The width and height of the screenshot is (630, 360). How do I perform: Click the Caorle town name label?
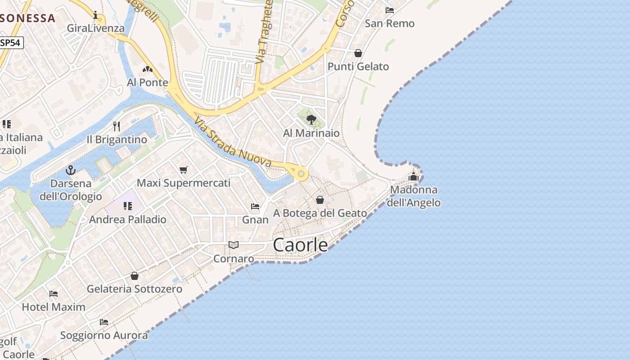[300, 245]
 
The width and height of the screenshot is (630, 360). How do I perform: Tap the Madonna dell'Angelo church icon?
[414, 176]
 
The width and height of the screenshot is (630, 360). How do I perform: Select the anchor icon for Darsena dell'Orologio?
[71, 170]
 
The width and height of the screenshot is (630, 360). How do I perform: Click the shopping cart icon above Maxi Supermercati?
[183, 170]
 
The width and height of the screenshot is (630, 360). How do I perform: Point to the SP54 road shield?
[11, 43]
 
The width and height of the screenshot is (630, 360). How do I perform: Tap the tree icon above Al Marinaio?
[311, 119]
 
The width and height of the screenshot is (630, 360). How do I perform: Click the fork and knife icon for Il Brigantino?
[117, 126]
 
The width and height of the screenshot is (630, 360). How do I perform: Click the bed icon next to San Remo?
[390, 10]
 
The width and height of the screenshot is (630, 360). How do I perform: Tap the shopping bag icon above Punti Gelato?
[358, 53]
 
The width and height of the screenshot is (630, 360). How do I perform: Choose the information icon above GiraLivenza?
[95, 16]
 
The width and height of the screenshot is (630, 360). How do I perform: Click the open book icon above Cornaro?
[233, 245]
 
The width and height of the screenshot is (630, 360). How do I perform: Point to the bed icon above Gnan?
[255, 207]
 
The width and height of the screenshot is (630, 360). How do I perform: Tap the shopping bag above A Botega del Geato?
[320, 199]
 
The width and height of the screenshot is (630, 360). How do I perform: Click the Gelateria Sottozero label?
[135, 289]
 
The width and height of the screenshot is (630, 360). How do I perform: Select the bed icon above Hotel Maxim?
[54, 294]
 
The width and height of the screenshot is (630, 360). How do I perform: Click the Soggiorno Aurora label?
[104, 335]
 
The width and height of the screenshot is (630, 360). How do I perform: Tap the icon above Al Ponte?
[147, 69]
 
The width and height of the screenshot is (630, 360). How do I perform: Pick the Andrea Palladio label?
[128, 220]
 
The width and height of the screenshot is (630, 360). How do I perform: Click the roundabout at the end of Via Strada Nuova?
[301, 173]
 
